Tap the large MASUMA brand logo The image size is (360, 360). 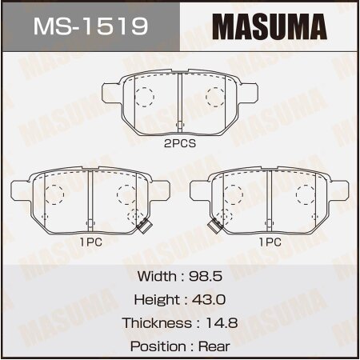tap(269, 27)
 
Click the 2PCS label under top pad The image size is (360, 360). tap(180, 145)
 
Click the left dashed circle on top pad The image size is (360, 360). tap(144, 97)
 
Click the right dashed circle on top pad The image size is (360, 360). tap(215, 97)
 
